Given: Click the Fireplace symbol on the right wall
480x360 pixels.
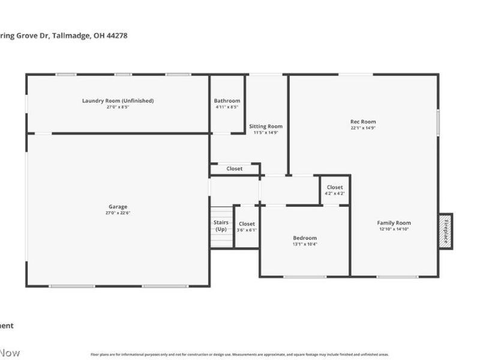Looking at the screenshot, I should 445,231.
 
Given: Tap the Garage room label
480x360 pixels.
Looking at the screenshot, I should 118,207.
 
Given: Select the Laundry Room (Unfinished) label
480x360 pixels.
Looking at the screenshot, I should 118,101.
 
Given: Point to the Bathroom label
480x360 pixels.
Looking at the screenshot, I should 227,101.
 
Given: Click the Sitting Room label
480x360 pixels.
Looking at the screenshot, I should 266,127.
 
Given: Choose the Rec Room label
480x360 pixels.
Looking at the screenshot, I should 363,122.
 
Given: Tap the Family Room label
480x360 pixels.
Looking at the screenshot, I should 394,223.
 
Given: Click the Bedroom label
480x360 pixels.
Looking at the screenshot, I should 305,238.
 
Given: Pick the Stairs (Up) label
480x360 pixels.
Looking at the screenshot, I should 221,226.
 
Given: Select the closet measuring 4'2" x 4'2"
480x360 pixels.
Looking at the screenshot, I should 335,190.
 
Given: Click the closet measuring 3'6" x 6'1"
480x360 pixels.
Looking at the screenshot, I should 247,227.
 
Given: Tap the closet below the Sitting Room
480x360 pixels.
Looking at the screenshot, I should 235,169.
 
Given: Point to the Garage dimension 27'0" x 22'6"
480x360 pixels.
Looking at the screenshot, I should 118,213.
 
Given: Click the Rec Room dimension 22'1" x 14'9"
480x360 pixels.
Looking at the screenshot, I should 363,128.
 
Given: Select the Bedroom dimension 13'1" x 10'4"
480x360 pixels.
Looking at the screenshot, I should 305,244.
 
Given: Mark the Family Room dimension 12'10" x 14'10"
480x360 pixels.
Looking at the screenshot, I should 394,229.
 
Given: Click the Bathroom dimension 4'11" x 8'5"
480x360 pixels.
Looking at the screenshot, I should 227,107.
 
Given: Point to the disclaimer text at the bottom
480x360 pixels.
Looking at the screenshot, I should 239,354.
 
